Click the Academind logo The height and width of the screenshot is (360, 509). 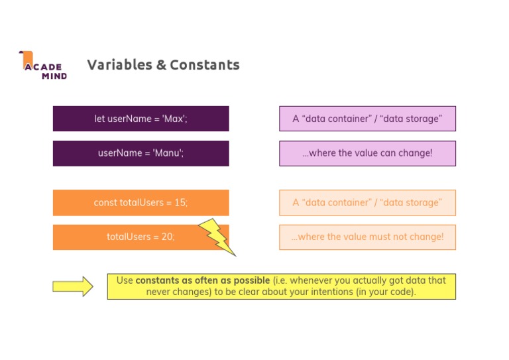43,65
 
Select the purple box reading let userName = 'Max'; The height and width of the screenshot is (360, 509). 141,119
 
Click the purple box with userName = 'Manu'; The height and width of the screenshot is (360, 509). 141,153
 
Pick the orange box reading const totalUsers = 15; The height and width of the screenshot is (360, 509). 141,203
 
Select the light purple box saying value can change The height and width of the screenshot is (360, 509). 367,153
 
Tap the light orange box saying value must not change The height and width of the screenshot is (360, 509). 367,237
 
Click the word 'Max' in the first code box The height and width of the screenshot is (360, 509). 175,119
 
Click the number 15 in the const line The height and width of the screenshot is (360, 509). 180,203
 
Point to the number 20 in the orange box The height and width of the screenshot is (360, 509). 167,237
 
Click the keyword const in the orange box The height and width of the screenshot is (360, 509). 105,203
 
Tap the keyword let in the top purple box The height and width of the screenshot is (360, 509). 99,119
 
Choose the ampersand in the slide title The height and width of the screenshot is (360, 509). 161,65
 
